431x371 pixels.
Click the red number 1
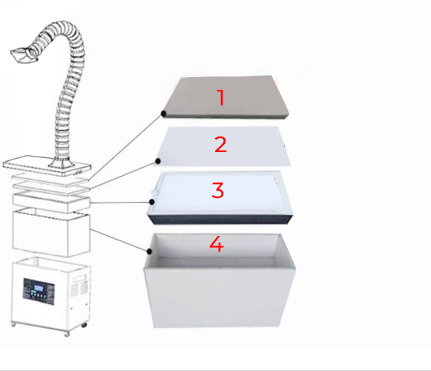[221, 97]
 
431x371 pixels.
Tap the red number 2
[220, 145]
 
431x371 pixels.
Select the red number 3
[218, 190]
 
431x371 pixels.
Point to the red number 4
[217, 243]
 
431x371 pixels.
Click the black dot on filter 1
[163, 113]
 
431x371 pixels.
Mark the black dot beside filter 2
[158, 161]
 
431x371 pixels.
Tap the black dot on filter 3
[152, 202]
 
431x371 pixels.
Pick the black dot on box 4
[150, 251]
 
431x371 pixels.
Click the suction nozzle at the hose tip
[23, 55]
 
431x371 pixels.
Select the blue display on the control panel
[39, 288]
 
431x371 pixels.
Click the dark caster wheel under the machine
[85, 325]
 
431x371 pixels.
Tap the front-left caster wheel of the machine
[13, 324]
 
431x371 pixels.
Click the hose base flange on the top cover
[62, 164]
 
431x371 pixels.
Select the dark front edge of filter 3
[220, 220]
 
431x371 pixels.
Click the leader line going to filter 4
[119, 240]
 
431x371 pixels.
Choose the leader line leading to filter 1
[125, 148]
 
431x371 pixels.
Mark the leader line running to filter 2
[123, 176]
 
